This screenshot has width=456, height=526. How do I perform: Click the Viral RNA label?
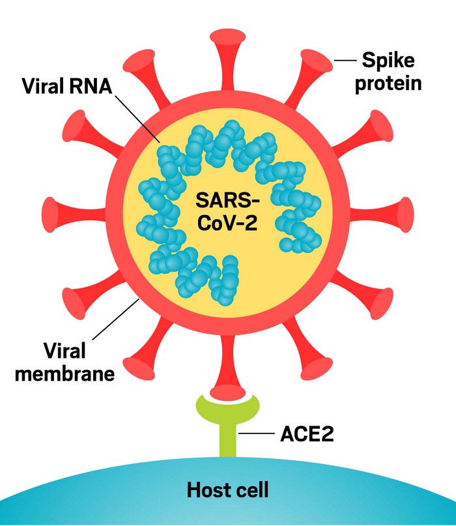click(x=67, y=86)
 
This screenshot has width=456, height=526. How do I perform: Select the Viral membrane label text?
click(x=64, y=362)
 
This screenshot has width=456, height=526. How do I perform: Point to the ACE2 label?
click(x=307, y=434)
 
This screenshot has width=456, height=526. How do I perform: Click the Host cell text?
click(x=227, y=490)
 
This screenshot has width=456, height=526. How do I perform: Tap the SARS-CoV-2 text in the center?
click(x=227, y=211)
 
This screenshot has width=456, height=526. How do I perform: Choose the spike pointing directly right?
click(x=380, y=214)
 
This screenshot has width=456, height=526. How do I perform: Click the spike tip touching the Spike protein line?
click(x=317, y=61)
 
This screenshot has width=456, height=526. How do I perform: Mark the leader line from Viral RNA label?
click(x=137, y=119)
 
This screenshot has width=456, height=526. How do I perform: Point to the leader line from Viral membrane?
click(x=116, y=319)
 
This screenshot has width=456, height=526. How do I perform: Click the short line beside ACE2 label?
click(x=257, y=433)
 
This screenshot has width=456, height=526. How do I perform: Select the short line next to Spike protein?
click(x=345, y=61)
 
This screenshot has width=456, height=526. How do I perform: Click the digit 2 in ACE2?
click(x=327, y=434)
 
